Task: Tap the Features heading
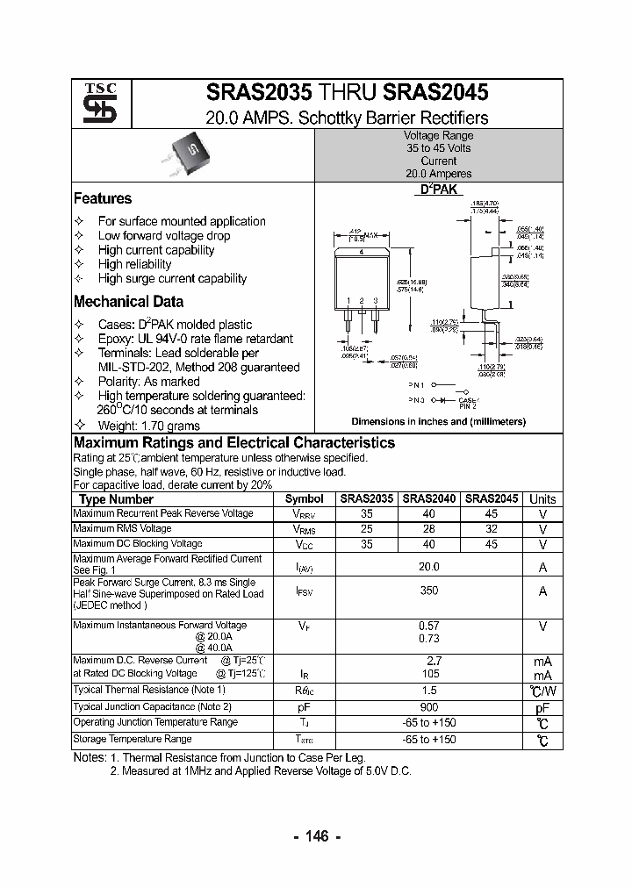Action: coord(103,198)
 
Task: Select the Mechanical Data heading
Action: coord(128,302)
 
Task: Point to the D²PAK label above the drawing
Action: coord(438,190)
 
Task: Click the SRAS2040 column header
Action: coord(429,498)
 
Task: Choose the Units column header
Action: coord(542,498)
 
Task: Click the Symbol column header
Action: coord(305,498)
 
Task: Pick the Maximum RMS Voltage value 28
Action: coord(429,529)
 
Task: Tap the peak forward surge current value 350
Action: coord(428,591)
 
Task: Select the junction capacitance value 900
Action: coord(428,706)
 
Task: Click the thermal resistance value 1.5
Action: coord(428,691)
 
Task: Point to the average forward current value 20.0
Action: coord(428,567)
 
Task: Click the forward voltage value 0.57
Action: coord(428,626)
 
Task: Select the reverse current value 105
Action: coord(428,674)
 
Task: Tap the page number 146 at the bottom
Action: coord(317,836)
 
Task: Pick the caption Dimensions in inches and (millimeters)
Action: coord(438,421)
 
